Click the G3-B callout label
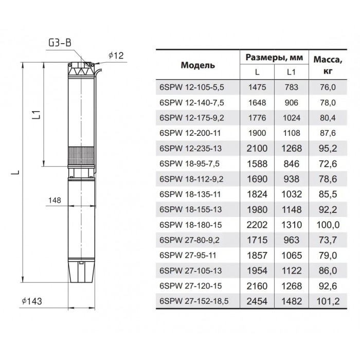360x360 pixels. point(60,43)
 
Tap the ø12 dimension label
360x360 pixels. point(116,56)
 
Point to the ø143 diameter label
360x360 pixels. point(32,301)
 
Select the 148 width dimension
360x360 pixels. point(55,201)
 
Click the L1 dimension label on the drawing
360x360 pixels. point(37,115)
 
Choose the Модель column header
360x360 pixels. point(198,65)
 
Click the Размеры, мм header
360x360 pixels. point(274,57)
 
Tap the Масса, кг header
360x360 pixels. point(328,65)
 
